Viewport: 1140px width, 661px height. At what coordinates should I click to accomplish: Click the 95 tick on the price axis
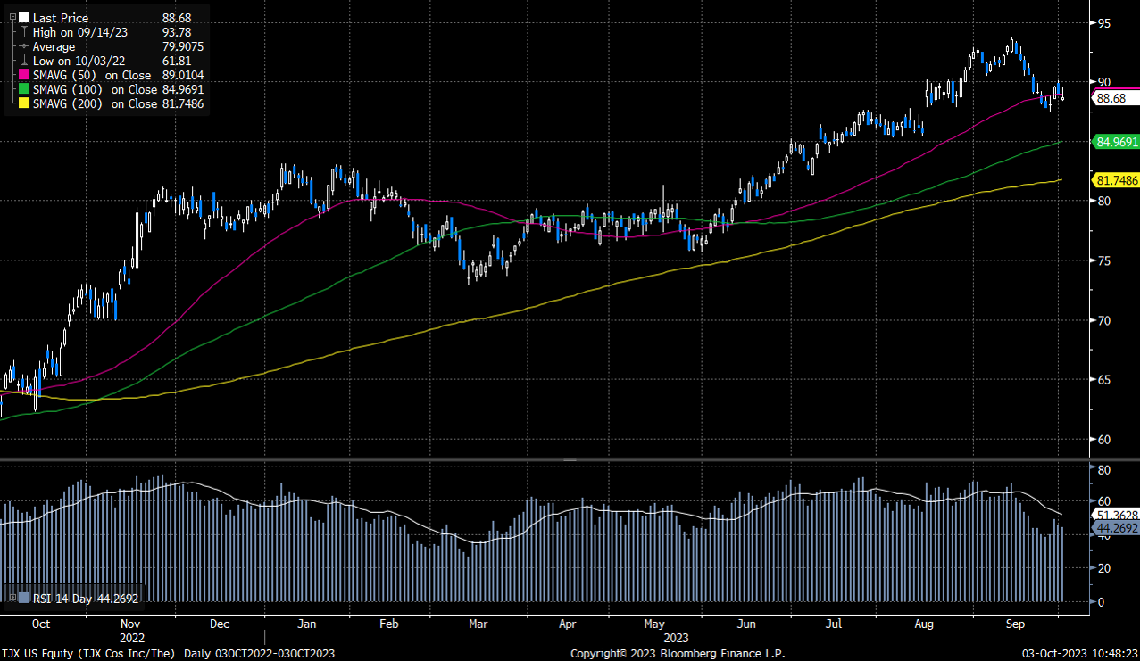point(1105,22)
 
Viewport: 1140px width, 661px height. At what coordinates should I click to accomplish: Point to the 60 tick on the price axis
point(1105,439)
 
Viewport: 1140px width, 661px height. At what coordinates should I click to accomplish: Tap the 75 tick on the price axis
point(1105,260)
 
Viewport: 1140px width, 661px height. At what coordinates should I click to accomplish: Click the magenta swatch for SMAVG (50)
point(25,76)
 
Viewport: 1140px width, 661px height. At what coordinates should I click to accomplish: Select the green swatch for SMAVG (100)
point(25,90)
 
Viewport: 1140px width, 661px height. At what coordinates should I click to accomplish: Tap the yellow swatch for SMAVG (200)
point(25,104)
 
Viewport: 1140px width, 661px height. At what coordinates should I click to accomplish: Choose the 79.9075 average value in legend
point(183,47)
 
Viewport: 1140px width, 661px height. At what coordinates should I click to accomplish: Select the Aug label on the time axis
point(924,624)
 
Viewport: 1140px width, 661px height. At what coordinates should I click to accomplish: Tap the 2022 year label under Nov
point(130,638)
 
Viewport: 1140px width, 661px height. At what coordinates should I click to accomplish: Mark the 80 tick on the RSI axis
point(1103,469)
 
